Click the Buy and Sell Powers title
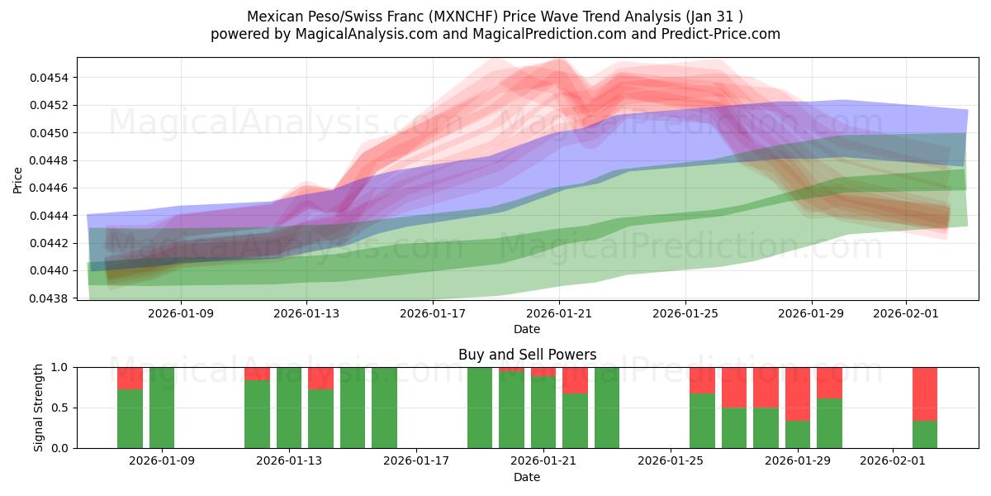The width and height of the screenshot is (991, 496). tap(527, 355)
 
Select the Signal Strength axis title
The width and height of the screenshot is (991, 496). tap(38, 407)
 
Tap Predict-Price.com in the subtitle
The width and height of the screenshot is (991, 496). tap(727, 34)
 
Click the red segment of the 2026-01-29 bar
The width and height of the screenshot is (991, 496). tap(798, 393)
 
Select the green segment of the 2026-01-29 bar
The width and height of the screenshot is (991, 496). tap(798, 434)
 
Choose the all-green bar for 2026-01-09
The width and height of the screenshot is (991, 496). tap(162, 408)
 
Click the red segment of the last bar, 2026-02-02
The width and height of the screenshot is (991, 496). tap(925, 393)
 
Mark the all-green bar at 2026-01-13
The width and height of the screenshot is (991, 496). tap(289, 408)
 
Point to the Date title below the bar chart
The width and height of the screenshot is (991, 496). tap(527, 477)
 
